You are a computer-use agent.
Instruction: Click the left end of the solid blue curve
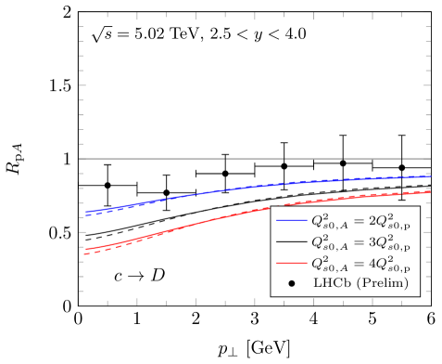85,212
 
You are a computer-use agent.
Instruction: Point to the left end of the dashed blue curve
85,214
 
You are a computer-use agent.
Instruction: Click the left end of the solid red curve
84,250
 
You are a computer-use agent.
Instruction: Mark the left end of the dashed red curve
84,253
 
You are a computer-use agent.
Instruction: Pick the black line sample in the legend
291,242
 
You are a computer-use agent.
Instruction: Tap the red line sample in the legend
291,264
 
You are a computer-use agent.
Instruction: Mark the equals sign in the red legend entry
357,264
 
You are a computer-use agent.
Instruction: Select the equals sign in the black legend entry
357,242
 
